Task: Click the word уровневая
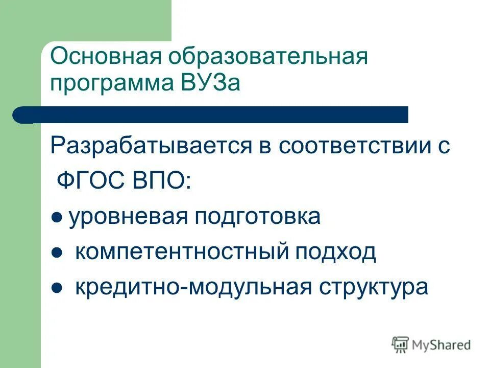coord(128,217)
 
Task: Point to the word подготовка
coord(257,217)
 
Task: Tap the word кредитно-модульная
coord(193,287)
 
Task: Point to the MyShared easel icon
coord(401,344)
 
